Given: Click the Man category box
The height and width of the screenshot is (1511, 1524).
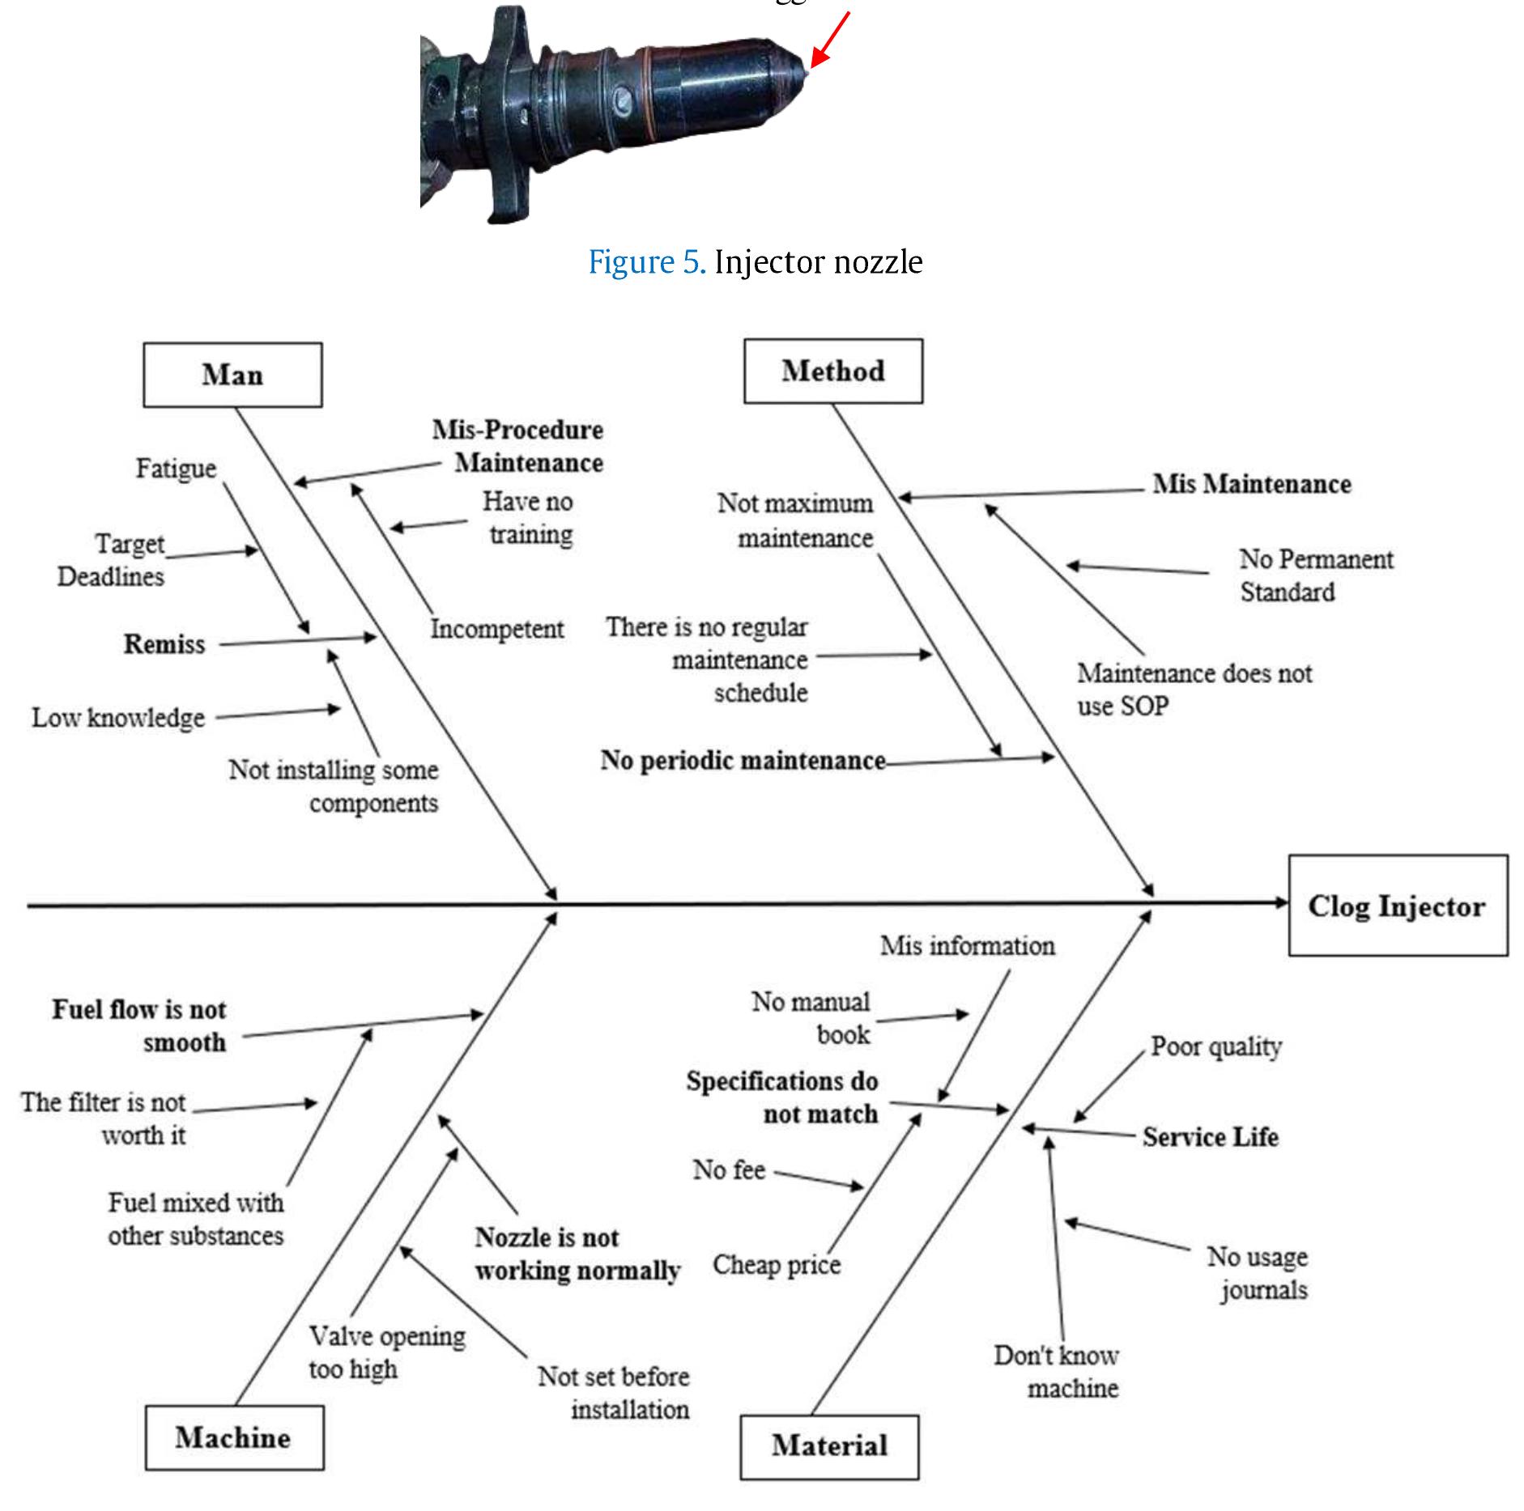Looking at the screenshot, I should pyautogui.click(x=232, y=375).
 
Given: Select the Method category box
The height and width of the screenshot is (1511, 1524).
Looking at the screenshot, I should pyautogui.click(x=832, y=371).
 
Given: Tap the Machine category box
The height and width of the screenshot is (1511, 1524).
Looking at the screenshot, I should pyautogui.click(x=233, y=1438).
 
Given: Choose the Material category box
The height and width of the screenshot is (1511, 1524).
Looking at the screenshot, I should pyautogui.click(x=829, y=1445).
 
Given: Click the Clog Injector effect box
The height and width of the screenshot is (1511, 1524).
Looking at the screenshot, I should pyautogui.click(x=1397, y=906).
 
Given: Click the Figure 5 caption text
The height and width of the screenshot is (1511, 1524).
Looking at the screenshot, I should pyautogui.click(x=755, y=262).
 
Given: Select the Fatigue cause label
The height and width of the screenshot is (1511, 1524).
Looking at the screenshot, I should pyautogui.click(x=176, y=469).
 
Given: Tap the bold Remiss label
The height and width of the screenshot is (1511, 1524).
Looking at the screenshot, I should pyautogui.click(x=164, y=644).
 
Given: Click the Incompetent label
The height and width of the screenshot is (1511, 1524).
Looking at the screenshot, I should pyautogui.click(x=496, y=629).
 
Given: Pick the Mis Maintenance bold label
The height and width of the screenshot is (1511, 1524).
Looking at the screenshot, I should pyautogui.click(x=1252, y=484).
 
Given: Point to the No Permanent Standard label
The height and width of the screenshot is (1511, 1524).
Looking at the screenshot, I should pyautogui.click(x=1315, y=575).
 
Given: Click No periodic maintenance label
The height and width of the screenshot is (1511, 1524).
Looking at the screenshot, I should pyautogui.click(x=743, y=761).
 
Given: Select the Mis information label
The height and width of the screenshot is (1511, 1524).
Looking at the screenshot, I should pyautogui.click(x=967, y=946).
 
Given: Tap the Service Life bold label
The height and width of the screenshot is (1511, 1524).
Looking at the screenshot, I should pyautogui.click(x=1210, y=1137).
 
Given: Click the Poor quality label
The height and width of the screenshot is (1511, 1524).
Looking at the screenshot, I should pyautogui.click(x=1216, y=1046).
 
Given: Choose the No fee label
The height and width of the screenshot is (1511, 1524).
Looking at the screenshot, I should pyautogui.click(x=729, y=1169).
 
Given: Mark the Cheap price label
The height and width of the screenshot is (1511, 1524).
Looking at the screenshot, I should pyautogui.click(x=776, y=1265).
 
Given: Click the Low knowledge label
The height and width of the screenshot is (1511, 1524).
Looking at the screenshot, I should pyautogui.click(x=118, y=718).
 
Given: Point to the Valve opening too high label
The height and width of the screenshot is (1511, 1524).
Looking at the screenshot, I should pyautogui.click(x=386, y=1352).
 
